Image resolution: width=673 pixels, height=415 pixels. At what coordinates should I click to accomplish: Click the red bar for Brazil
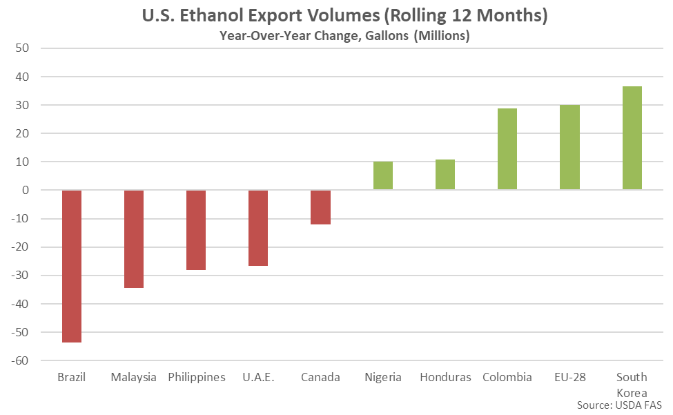(72, 266)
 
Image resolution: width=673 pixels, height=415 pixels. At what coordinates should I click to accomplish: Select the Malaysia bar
(134, 239)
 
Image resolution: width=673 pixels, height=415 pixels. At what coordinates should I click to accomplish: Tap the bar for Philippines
(196, 230)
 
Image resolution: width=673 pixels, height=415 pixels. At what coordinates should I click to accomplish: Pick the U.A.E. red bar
(258, 228)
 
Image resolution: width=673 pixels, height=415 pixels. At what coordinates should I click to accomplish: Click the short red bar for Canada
(320, 207)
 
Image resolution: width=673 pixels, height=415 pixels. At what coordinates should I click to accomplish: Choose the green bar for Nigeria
(383, 175)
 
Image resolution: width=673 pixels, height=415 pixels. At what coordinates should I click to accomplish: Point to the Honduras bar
(445, 175)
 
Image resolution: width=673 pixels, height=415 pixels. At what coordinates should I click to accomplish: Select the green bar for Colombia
(507, 149)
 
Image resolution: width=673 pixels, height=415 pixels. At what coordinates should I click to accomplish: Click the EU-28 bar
(569, 147)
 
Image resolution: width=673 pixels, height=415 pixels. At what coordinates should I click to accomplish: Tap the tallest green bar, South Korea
(632, 138)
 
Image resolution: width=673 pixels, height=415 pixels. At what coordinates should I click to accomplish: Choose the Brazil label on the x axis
(71, 377)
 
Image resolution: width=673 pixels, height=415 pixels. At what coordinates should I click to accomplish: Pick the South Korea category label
(632, 383)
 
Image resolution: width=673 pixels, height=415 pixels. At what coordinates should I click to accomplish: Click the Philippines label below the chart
(196, 377)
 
